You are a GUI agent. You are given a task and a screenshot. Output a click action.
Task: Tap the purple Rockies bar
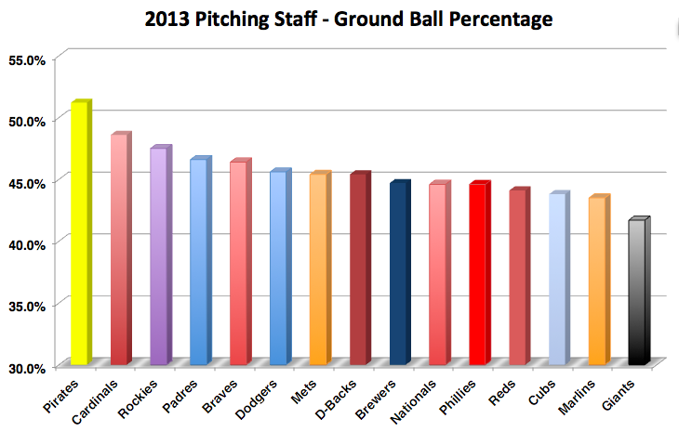[159, 255]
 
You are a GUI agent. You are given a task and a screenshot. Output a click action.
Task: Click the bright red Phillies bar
[478, 274]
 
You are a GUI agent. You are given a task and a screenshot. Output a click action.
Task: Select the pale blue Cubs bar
[557, 279]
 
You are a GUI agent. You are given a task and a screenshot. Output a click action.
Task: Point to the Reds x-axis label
[503, 387]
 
